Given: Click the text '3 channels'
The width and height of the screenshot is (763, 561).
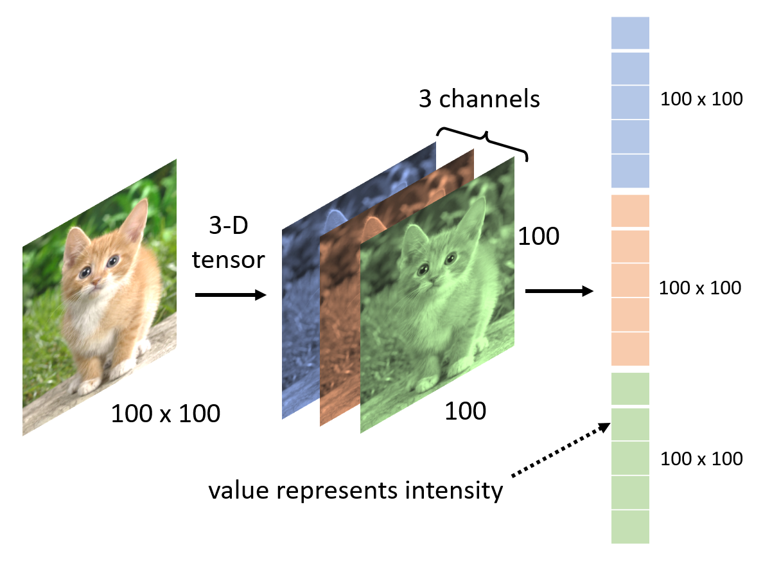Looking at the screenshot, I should coord(479,100).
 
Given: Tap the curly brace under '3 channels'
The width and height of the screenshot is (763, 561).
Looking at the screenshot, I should coord(483,138).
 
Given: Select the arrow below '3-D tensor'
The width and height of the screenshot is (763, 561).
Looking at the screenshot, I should coord(230,295).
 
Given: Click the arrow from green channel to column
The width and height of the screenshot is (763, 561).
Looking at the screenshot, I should coord(559,291).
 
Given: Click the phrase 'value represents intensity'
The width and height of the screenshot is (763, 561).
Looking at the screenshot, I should coord(355,491).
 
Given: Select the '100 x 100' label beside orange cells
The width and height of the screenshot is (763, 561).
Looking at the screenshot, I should coord(700,288).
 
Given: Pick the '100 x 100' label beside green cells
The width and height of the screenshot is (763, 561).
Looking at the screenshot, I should coord(701,459).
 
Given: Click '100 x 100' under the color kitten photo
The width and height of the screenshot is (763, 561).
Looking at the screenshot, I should coord(166,414).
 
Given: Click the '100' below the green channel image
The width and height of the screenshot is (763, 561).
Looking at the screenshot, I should coord(465,411).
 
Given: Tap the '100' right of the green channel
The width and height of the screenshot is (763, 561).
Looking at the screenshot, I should coord(539,237).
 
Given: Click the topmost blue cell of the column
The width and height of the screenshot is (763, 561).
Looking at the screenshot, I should coord(630,33).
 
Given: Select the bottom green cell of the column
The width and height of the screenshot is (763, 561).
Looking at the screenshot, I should coord(630,527).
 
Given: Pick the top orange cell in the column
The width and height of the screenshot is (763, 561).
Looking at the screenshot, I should coord(630,211).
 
